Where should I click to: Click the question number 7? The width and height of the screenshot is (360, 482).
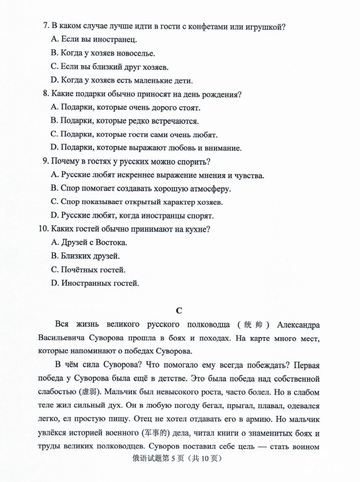46,27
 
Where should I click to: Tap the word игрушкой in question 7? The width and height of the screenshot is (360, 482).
265,27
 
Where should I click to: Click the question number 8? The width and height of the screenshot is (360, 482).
46,94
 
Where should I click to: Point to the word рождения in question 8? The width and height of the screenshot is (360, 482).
223,94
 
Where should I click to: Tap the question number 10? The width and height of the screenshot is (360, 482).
43,229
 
